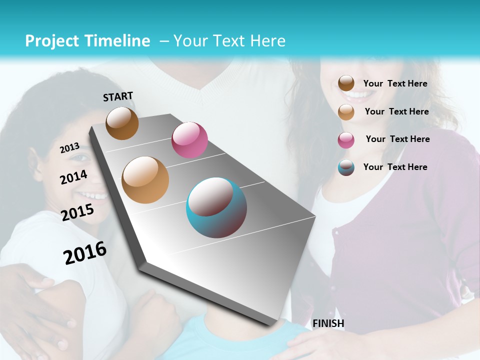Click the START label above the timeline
(x=118, y=96)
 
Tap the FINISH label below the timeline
(x=328, y=323)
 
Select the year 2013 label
(x=69, y=147)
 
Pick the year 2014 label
(x=74, y=177)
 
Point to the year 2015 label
(x=77, y=212)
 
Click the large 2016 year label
(x=85, y=253)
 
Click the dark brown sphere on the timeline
(x=122, y=123)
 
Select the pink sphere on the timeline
(x=189, y=139)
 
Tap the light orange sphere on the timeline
(x=145, y=179)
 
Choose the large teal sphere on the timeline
(x=216, y=207)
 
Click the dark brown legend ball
(x=346, y=83)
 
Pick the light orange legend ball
(x=346, y=111)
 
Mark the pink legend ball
(x=346, y=139)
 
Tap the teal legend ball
(x=346, y=167)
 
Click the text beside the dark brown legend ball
(x=395, y=83)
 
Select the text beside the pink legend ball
(x=397, y=139)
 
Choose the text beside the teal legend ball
(x=395, y=167)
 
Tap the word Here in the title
(x=268, y=41)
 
